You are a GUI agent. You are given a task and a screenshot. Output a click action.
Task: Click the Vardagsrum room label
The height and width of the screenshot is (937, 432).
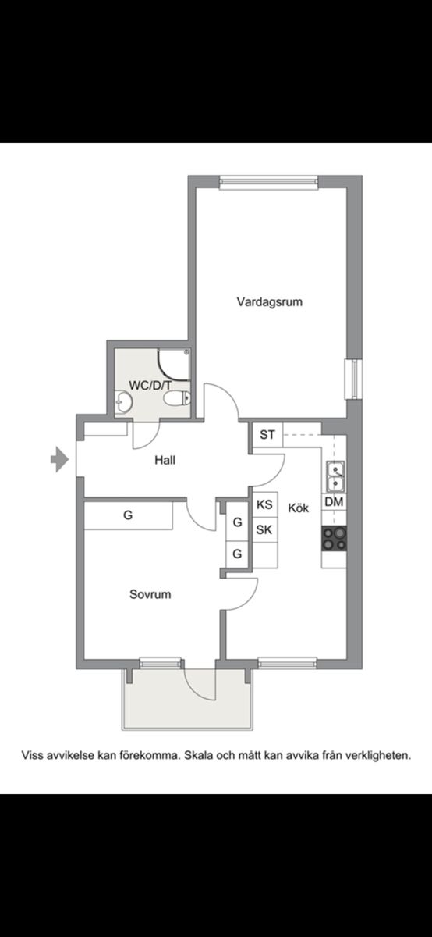coord(270,301)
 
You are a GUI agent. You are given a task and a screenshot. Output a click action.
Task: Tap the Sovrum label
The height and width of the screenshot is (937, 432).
coord(150,594)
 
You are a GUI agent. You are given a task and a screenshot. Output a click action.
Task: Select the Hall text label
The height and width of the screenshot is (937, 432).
coord(165,461)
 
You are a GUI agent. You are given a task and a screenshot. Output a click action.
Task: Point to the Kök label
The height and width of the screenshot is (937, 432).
coord(299,508)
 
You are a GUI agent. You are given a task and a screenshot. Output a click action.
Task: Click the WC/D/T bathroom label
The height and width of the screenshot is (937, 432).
coord(150,385)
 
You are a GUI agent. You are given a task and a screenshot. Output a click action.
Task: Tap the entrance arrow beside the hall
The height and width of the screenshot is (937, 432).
coord(59,459)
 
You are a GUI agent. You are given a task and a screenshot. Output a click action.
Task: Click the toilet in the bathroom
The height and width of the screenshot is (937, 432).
coord(177,398)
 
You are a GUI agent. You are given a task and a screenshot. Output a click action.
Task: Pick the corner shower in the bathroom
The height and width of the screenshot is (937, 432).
coord(174,365)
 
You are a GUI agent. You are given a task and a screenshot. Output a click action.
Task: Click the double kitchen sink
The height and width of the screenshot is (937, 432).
coord(335,476)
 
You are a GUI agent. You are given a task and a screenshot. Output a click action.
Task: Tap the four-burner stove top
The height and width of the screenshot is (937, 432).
coord(334,539)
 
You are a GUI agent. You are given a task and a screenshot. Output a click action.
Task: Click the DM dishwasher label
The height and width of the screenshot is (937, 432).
coord(334,501)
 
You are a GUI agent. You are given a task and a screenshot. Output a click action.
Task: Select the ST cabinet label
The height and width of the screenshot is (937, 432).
coord(267,435)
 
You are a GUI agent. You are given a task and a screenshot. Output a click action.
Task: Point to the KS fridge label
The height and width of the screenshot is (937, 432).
coord(264,504)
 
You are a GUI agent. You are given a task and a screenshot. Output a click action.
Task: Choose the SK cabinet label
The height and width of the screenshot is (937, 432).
coord(264,530)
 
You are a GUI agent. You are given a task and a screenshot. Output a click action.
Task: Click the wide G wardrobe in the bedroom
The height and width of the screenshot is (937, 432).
coord(128,515)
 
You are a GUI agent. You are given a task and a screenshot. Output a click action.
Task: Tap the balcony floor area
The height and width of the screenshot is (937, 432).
coord(187,699)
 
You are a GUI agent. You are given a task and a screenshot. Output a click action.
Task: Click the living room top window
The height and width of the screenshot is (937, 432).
coord(269,182)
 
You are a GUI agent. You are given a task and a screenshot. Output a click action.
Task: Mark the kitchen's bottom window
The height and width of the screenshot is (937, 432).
coord(287,663)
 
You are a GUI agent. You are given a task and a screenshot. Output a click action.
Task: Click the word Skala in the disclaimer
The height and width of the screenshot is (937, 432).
coord(198,756)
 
